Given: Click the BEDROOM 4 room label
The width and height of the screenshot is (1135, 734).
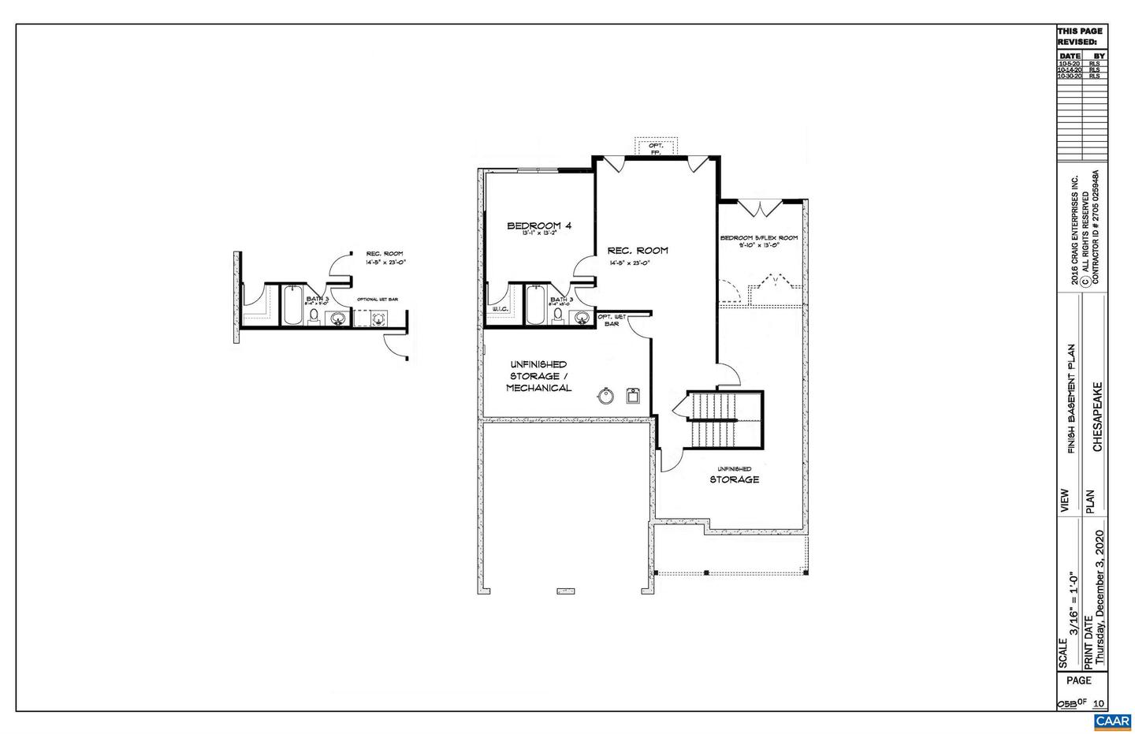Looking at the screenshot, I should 539,226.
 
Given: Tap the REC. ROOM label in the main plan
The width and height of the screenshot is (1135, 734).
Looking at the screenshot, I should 638,251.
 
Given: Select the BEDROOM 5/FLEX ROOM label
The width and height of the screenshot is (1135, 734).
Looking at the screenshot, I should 758,238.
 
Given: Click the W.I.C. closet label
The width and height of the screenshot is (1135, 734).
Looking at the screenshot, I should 500,309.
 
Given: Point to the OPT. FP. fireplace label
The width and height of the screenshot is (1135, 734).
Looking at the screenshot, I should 655,148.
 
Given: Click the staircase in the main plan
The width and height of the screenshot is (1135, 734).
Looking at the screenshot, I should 724,419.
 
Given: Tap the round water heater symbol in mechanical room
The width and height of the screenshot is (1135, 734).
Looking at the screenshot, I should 605,396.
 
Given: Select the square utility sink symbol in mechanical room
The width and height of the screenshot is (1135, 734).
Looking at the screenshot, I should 633,395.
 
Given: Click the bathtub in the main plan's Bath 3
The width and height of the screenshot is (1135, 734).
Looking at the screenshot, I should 535,307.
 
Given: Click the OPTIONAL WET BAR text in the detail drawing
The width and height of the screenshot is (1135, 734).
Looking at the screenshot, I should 378,300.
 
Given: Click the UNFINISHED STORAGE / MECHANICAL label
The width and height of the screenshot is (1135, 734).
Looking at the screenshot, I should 538,376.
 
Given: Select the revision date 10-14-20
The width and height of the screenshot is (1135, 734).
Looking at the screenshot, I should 1069,70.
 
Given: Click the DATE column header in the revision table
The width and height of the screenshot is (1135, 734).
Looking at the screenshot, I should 1070,56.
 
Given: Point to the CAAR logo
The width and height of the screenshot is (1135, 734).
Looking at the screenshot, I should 1112,721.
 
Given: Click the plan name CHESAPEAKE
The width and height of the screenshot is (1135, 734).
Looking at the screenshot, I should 1097,418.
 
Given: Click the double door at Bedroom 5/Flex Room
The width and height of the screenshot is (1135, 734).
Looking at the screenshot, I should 760,209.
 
